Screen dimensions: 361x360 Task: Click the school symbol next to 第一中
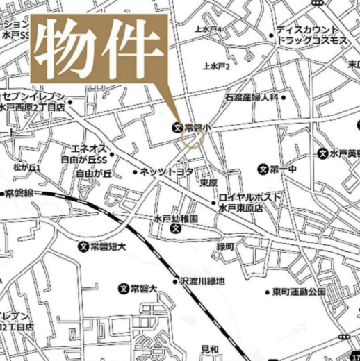point(263,169)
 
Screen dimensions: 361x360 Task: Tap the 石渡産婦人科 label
point(250,98)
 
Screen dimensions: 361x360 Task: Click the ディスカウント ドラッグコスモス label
point(310,35)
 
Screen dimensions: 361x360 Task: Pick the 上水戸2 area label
point(216,67)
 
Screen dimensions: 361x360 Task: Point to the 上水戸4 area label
point(208,30)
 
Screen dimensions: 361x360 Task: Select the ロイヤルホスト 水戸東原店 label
point(249,202)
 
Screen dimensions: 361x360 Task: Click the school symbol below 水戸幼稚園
point(176,229)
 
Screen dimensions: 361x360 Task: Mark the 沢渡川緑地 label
point(203,281)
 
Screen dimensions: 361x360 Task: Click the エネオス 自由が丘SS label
point(88,154)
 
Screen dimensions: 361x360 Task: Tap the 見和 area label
point(210,349)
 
